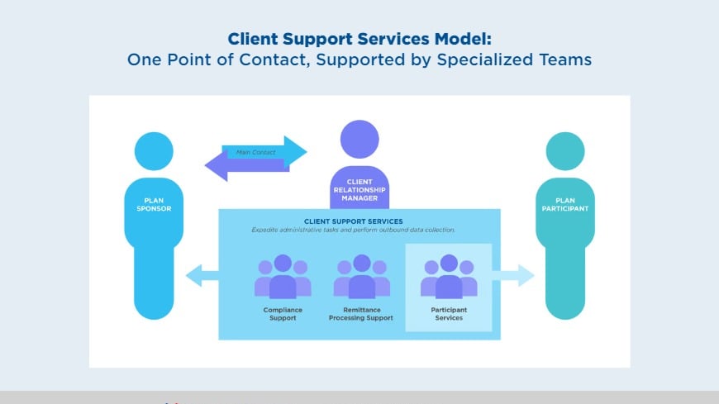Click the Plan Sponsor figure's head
tap(154, 152)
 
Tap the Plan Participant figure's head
tap(566, 152)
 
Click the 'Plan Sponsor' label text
tap(154, 204)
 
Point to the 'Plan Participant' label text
tap(565, 204)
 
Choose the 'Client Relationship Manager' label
tap(359, 189)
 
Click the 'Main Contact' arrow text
tap(255, 152)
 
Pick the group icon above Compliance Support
tap(283, 277)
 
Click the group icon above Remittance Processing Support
tap(361, 277)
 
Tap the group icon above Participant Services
tap(449, 277)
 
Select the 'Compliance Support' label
tap(283, 314)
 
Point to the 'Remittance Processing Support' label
tap(361, 314)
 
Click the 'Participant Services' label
tap(449, 314)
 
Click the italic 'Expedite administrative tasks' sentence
tap(354, 230)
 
